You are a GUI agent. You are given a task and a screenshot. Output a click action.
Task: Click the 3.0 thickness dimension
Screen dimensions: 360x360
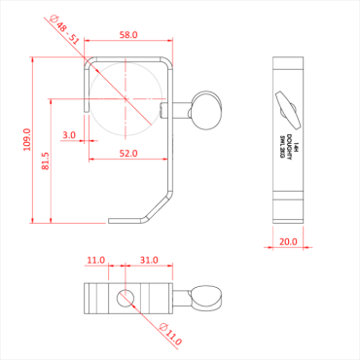point(69,134)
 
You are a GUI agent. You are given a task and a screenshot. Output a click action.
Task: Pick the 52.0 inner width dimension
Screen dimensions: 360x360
point(128,153)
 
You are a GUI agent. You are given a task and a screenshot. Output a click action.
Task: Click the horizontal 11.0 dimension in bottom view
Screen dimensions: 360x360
point(94,261)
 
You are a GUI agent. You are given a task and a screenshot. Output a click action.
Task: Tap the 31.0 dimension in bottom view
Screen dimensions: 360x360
point(149,261)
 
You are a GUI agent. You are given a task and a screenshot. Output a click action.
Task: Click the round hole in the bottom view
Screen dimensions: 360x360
point(124,297)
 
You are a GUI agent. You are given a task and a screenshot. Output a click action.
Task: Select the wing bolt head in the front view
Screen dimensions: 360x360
point(204,109)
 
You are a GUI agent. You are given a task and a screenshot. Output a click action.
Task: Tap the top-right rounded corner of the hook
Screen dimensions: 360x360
point(170,64)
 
